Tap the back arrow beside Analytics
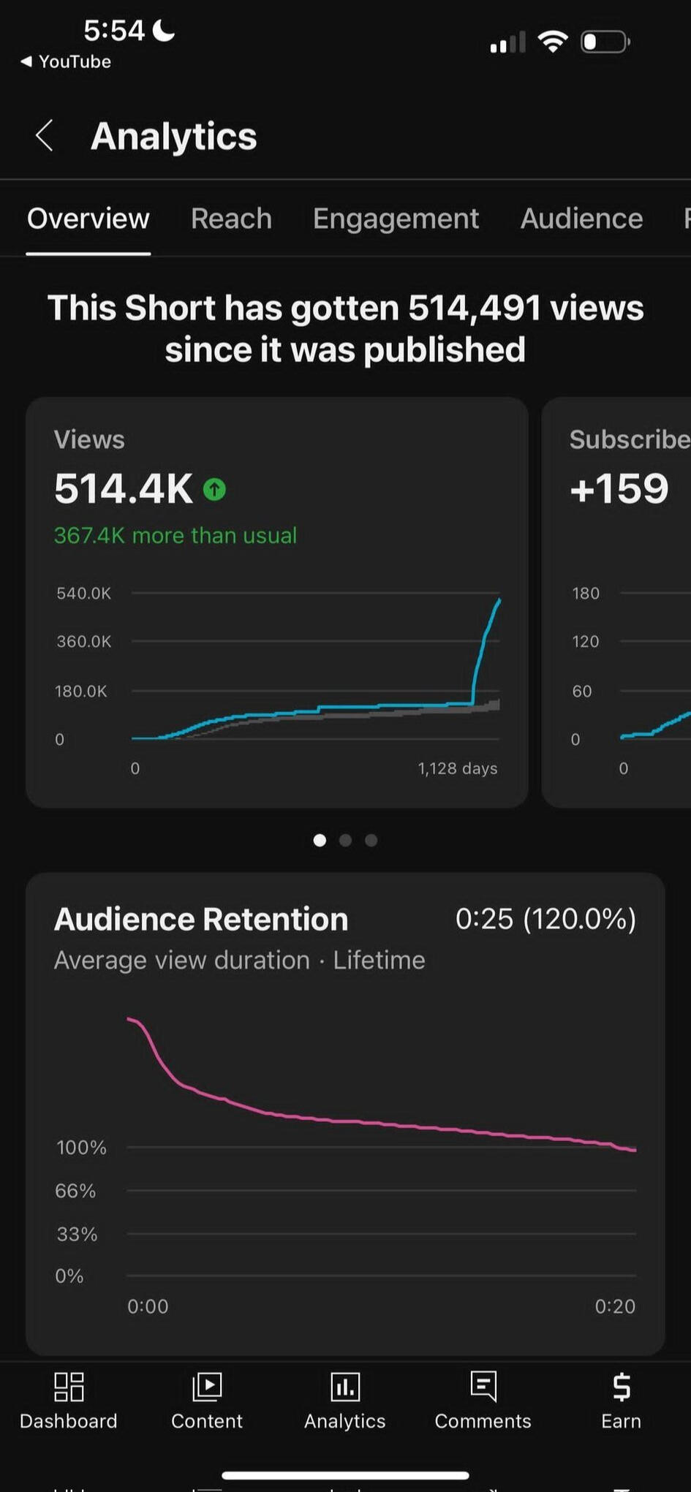point(45,136)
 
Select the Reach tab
point(231,219)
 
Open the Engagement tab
point(396,219)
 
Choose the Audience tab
point(581,219)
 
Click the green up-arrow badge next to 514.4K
point(214,489)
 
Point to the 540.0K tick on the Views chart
point(83,593)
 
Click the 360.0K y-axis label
point(83,641)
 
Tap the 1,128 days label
point(457,768)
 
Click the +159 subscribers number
point(619,488)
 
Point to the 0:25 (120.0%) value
point(545,919)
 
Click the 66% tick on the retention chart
point(75,1191)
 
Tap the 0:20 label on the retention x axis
point(615,1306)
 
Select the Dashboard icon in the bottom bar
point(69,1387)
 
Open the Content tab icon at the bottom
point(207,1387)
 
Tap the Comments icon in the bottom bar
point(483,1387)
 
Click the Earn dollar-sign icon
point(621,1387)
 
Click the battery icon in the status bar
point(605,42)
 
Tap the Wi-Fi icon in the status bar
point(553,42)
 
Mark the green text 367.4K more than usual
point(175,535)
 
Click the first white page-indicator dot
point(320,840)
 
